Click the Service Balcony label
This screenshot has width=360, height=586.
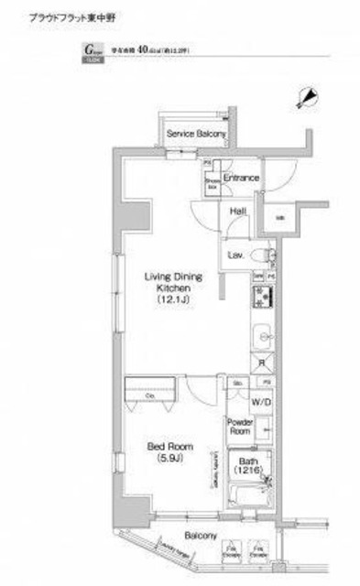(195, 135)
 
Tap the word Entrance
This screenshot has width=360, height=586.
(241, 178)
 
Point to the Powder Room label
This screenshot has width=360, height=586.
(240, 426)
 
